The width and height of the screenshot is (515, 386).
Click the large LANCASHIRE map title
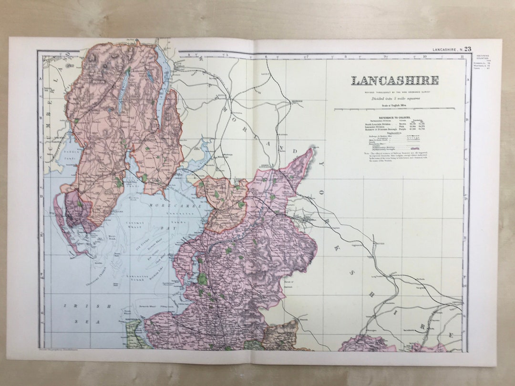click(394, 81)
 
